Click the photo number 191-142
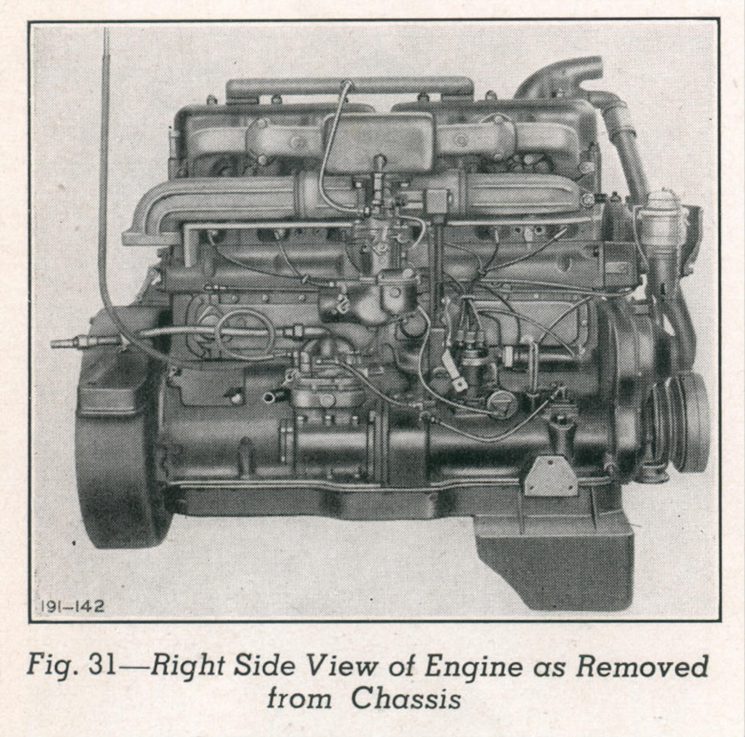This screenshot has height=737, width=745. point(73,606)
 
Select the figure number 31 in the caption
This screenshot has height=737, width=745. point(102,666)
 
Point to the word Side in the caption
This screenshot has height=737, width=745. point(264,666)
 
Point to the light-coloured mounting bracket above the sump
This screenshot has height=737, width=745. point(551,476)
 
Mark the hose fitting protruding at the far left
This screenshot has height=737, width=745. point(86,343)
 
